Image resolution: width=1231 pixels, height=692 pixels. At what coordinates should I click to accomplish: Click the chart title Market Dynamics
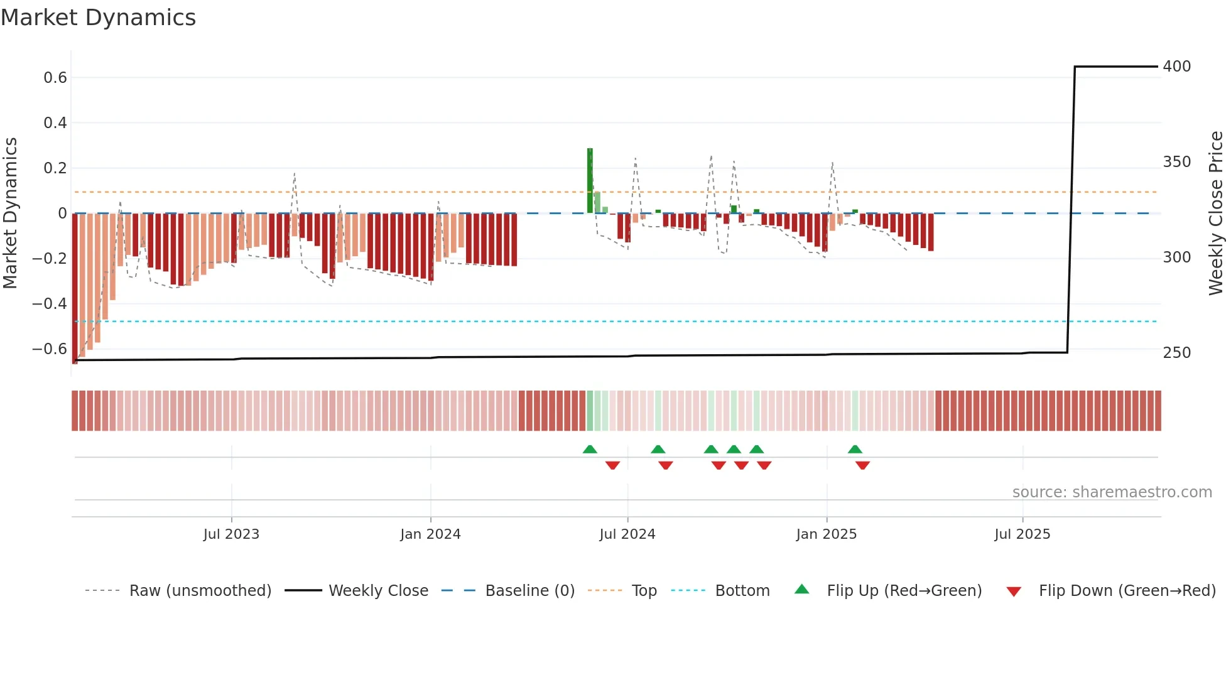pyautogui.click(x=99, y=18)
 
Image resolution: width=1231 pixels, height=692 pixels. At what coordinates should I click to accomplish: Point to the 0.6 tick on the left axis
pyautogui.click(x=55, y=78)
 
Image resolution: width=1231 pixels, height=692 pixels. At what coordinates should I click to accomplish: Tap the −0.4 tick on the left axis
pyautogui.click(x=50, y=304)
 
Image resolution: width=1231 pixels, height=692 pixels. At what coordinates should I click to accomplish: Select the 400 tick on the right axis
pyautogui.click(x=1176, y=67)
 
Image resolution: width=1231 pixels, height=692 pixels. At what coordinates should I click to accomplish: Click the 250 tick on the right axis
pyautogui.click(x=1176, y=353)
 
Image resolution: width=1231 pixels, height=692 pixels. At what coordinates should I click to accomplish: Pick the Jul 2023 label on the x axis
pyautogui.click(x=231, y=534)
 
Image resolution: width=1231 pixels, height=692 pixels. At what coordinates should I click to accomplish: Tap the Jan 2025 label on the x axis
pyautogui.click(x=826, y=534)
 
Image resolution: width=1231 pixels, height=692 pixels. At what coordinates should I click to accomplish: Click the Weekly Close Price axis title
pyautogui.click(x=1216, y=214)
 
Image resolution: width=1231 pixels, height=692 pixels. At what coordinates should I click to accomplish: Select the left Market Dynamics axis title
pyautogui.click(x=10, y=214)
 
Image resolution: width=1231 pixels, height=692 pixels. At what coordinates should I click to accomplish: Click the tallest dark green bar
pyautogui.click(x=590, y=181)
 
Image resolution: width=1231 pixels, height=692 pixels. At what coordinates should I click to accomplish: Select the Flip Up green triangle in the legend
pyautogui.click(x=802, y=590)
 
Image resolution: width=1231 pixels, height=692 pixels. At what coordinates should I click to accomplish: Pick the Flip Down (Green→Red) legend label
pyautogui.click(x=1127, y=591)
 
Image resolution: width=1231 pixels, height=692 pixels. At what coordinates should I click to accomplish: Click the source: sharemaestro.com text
pyautogui.click(x=1112, y=492)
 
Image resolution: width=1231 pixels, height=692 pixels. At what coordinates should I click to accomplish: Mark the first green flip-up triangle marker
pyautogui.click(x=590, y=450)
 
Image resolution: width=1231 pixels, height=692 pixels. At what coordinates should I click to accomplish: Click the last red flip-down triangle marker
pyautogui.click(x=862, y=465)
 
